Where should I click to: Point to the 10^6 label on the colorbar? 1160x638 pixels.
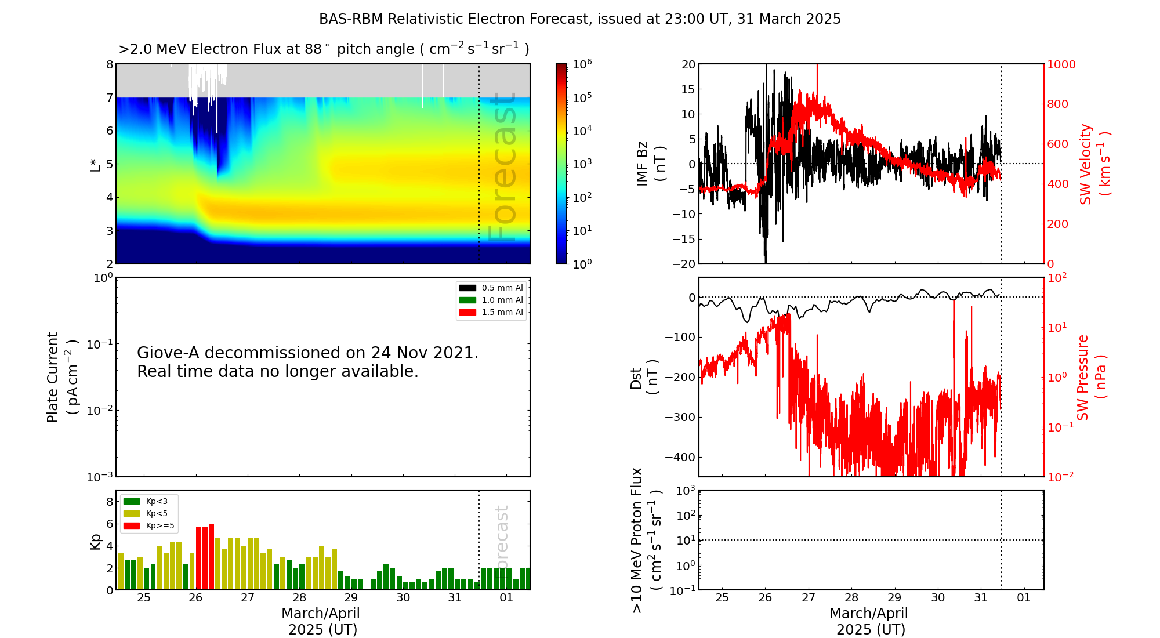[x=582, y=64]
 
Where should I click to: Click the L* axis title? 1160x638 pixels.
[x=96, y=164]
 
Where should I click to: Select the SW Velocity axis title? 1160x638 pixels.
[x=1086, y=164]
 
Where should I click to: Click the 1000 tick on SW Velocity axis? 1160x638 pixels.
[x=1061, y=64]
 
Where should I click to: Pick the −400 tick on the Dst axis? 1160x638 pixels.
[x=680, y=457]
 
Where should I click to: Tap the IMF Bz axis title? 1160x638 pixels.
[x=642, y=164]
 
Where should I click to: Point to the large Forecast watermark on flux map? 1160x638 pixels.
[x=502, y=168]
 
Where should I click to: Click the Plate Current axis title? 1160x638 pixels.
[x=53, y=377]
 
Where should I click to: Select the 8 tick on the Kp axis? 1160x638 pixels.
[x=110, y=502]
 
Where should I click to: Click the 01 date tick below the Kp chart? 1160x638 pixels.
[x=506, y=598]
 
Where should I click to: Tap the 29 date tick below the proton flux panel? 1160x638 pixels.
[x=894, y=598]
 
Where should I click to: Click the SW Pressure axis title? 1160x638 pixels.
[x=1083, y=378]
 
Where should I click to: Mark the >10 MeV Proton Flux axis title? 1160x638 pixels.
[x=637, y=540]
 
